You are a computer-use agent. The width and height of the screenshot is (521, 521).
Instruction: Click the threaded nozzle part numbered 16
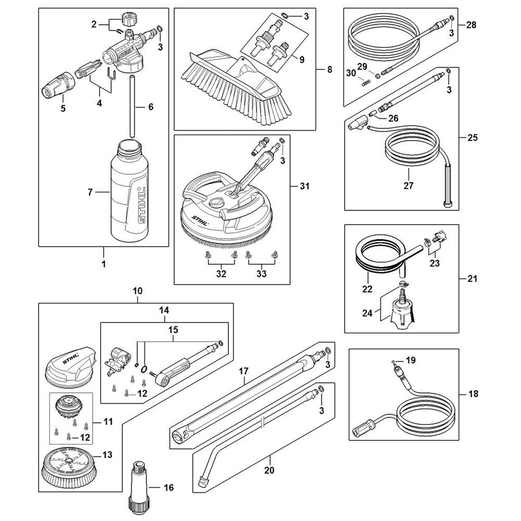139,485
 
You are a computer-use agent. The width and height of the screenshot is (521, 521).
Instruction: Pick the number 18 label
473,394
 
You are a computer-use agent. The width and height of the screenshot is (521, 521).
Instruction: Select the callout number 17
243,372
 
